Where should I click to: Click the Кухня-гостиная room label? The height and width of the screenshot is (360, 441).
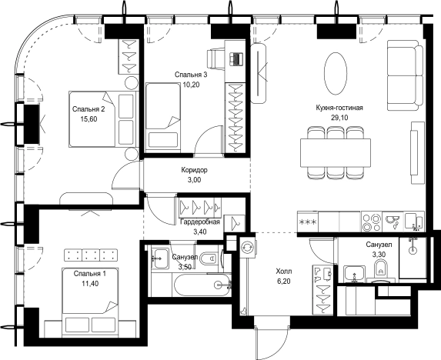[339, 108]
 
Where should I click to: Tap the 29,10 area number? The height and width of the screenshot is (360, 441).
[339, 118]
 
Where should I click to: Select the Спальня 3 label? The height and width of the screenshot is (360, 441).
[191, 75]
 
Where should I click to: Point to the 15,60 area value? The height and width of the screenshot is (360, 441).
[89, 119]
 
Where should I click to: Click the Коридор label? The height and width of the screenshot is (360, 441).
[195, 170]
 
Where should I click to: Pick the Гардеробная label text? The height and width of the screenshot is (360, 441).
[199, 222]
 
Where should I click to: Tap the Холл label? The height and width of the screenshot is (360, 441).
[284, 272]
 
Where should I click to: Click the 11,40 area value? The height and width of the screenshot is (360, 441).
[90, 284]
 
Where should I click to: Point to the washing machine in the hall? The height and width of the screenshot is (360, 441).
[248, 247]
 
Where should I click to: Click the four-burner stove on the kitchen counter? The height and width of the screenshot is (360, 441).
[372, 222]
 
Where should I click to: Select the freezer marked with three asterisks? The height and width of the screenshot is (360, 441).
[308, 222]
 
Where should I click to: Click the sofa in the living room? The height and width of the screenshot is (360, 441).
[406, 75]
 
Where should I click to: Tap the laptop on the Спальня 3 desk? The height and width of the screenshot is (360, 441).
[236, 59]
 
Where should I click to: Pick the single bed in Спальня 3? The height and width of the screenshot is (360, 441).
[163, 115]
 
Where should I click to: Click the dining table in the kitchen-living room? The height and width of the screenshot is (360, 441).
[336, 153]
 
